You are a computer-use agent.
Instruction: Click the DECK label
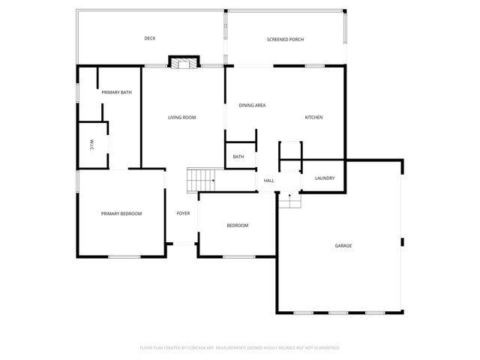pyautogui.click(x=150, y=38)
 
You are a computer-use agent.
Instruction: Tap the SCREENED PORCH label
pyautogui.click(x=285, y=39)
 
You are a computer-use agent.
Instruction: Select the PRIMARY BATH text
pyautogui.click(x=117, y=92)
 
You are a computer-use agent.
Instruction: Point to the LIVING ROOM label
pyautogui.click(x=181, y=118)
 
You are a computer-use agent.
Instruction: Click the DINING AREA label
pyautogui.click(x=252, y=106)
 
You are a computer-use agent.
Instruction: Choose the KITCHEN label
pyautogui.click(x=313, y=118)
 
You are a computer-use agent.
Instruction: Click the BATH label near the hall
pyautogui.click(x=238, y=157)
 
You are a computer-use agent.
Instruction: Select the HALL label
pyautogui.click(x=268, y=180)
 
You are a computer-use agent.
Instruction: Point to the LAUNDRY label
pyautogui.click(x=325, y=178)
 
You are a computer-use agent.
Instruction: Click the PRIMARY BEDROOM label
pyautogui.click(x=121, y=214)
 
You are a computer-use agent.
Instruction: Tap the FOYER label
pyautogui.click(x=183, y=214)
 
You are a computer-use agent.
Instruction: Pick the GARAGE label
pyautogui.click(x=343, y=246)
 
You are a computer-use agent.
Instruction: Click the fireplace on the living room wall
pyautogui.click(x=184, y=62)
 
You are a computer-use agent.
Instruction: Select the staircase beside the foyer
pyautogui.click(x=201, y=180)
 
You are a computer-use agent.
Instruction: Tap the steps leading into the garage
pyautogui.click(x=289, y=200)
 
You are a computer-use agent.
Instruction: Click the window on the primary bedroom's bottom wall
pyautogui.click(x=124, y=257)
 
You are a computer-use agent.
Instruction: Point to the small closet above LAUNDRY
pyautogui.click(x=290, y=150)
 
